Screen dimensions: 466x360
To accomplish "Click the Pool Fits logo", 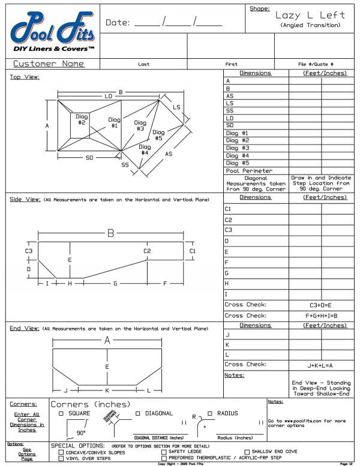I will [x=50, y=30].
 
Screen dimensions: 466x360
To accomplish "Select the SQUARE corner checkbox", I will [x=61, y=413].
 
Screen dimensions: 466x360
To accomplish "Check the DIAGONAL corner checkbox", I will [x=139, y=413].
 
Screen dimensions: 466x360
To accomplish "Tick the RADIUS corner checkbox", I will [x=211, y=413].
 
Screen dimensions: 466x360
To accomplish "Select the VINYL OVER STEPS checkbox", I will [x=61, y=458].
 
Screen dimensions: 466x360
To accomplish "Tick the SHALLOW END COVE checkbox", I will [x=246, y=452].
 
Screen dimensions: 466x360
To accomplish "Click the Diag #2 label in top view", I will [x=82, y=119].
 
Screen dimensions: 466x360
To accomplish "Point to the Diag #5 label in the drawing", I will [x=158, y=135].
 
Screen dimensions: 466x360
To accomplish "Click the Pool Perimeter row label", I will [x=248, y=170].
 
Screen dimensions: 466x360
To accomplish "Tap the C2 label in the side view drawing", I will [x=147, y=251].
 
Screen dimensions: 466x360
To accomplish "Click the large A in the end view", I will [x=107, y=340].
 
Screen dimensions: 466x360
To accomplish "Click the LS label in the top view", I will [x=176, y=107].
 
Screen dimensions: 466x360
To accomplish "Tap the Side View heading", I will [x=23, y=199].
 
